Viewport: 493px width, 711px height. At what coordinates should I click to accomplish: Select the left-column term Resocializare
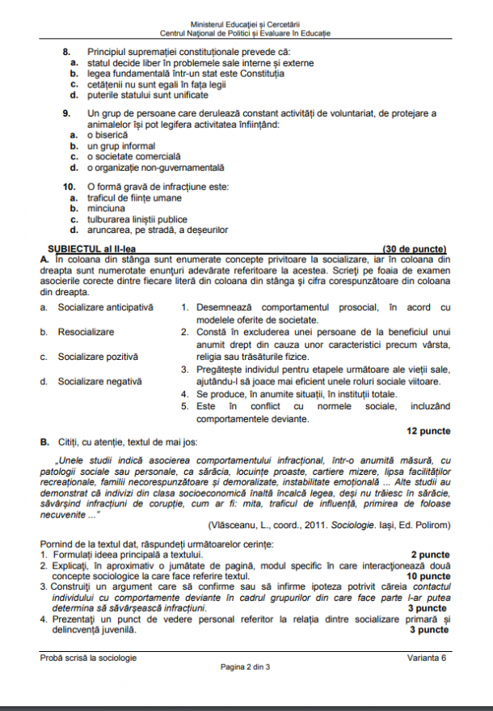pyautogui.click(x=86, y=332)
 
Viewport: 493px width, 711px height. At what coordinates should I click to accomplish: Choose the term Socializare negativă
pyautogui.click(x=99, y=381)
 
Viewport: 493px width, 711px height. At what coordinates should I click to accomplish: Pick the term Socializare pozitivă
pyautogui.click(x=98, y=356)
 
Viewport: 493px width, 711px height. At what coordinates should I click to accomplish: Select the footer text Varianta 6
pyautogui.click(x=427, y=658)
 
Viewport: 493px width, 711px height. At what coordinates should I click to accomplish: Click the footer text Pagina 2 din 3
pyautogui.click(x=246, y=667)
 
